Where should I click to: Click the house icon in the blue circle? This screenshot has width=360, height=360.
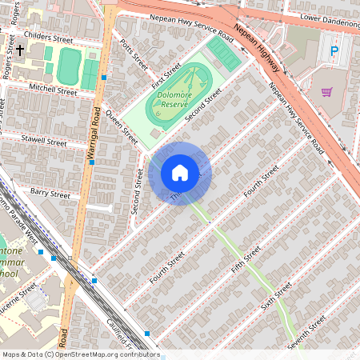pos(180,173)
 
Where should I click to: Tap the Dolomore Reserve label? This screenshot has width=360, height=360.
pos(173,99)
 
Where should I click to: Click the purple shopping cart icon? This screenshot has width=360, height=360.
pos(326,92)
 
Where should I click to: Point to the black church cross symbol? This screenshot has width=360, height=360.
pos(18,50)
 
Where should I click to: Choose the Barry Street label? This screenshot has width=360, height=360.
pos(50,192)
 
